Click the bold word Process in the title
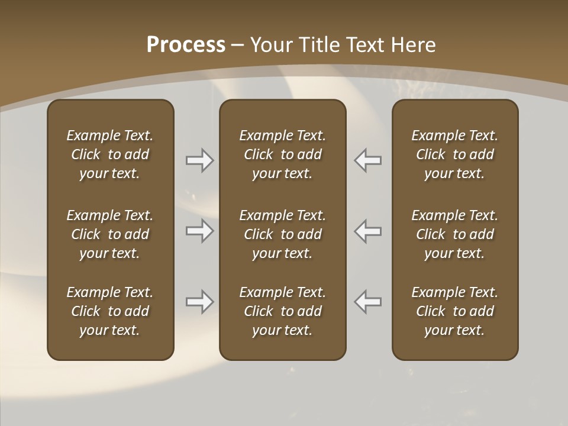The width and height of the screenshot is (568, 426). pos(186,45)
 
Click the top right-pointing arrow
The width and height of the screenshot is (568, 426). pos(199,160)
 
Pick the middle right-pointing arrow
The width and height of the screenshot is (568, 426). pos(199,231)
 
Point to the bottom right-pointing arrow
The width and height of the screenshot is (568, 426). pos(199,302)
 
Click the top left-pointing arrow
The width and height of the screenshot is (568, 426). pos(368,160)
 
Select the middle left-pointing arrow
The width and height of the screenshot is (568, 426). pos(368,231)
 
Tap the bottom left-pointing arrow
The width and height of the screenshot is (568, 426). pos(368,302)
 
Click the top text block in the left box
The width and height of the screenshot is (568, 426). pos(110,154)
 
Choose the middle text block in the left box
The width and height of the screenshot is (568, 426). pos(110,234)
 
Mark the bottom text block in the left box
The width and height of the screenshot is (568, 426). pos(110,311)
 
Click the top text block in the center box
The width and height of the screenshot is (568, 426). pos(282,154)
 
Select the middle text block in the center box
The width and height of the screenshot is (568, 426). pos(282,234)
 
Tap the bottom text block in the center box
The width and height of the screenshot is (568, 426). pos(282,311)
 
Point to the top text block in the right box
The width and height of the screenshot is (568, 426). pos(454,154)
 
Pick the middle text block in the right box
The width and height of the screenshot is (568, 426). pos(454,234)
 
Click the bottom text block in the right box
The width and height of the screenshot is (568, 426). pos(454,311)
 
